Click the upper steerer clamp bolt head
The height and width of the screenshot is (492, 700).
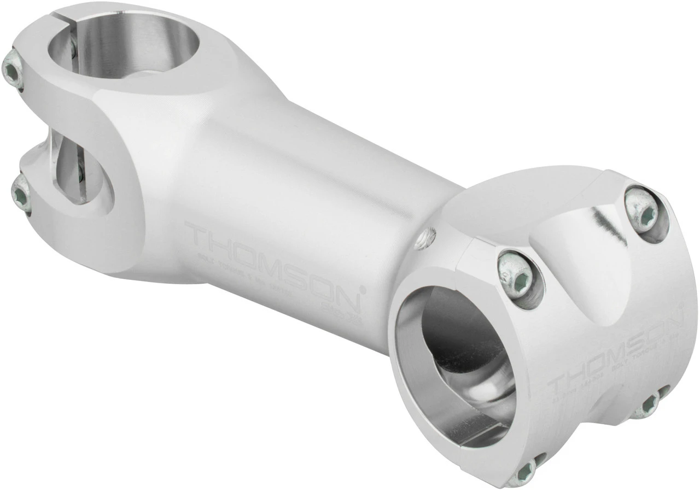click(x=12, y=69)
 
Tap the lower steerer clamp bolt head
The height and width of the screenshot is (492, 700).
click(x=21, y=194)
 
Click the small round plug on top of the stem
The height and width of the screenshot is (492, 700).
click(x=426, y=239)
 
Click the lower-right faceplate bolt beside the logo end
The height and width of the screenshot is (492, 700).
click(x=649, y=404)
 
